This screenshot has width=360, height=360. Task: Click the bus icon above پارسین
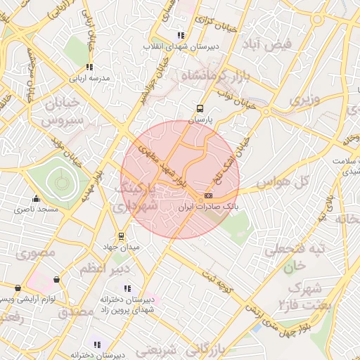pos(200,109)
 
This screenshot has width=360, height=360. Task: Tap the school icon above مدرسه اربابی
pos(89,67)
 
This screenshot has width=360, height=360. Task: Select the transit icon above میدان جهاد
pos(122,236)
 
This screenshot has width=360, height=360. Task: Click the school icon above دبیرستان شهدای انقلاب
pos(181,35)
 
